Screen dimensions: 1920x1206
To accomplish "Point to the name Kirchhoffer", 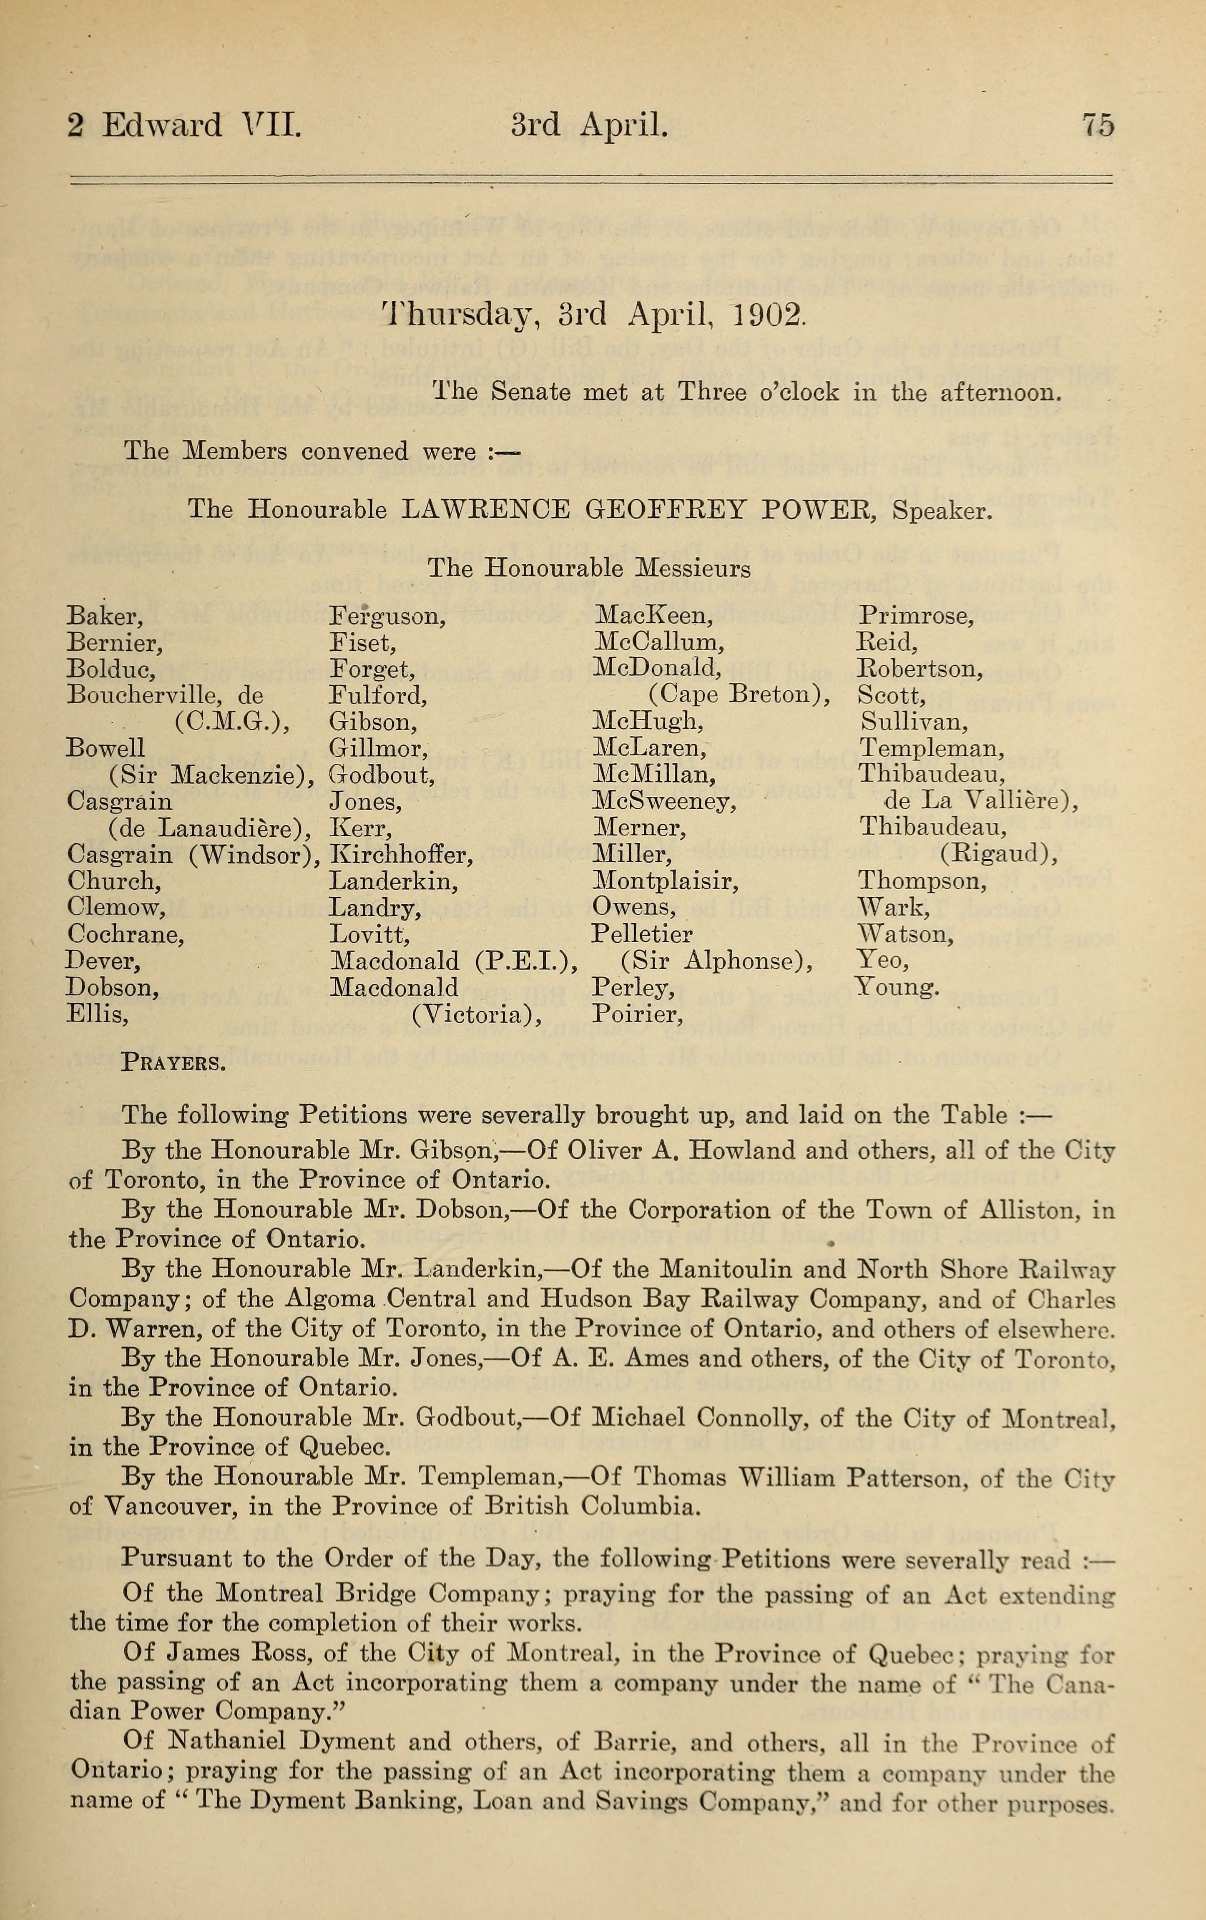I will (x=402, y=856).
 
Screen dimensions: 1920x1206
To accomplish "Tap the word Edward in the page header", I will (x=162, y=126).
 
